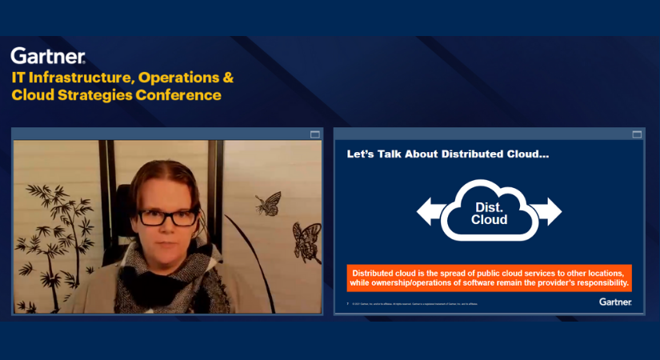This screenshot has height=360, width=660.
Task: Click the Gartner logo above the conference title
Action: click(48, 56)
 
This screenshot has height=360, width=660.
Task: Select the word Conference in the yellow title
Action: click(182, 95)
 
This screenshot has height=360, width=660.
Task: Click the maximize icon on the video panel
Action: click(314, 134)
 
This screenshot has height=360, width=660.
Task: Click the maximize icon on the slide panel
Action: click(637, 134)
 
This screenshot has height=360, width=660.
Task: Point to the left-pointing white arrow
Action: click(430, 211)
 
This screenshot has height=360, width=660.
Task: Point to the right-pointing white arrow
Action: click(548, 211)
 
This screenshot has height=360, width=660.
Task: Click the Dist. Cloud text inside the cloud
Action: click(489, 213)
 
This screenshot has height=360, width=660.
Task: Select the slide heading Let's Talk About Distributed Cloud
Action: click(447, 154)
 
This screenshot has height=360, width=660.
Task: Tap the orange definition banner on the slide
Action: click(489, 278)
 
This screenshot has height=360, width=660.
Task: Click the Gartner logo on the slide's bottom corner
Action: click(615, 302)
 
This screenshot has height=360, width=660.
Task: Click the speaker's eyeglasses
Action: click(167, 216)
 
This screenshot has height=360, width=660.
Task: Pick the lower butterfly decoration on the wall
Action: click(306, 243)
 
